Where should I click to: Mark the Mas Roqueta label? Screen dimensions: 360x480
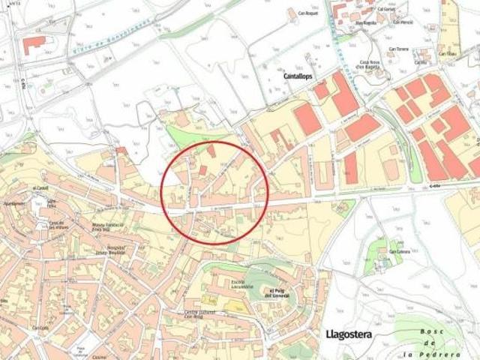364,23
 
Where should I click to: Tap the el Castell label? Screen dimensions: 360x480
40,188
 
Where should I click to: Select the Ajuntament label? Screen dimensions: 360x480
14,203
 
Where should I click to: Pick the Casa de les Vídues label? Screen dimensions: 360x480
60,224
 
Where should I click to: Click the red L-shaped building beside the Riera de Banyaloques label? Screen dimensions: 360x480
34,43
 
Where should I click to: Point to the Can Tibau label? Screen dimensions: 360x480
447,54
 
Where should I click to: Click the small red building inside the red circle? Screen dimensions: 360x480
211,151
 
